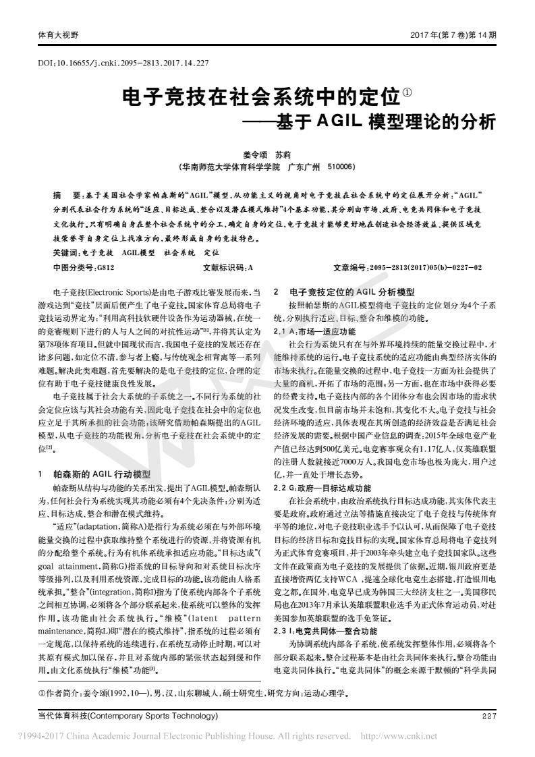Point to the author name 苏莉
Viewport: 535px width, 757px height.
[283, 155]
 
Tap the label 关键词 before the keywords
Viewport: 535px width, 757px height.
[65, 251]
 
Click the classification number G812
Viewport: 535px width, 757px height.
[105, 267]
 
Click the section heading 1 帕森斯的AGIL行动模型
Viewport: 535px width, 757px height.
[94, 455]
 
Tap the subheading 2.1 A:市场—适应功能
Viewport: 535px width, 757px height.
[314, 331]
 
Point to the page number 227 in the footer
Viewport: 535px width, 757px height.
[489, 716]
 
